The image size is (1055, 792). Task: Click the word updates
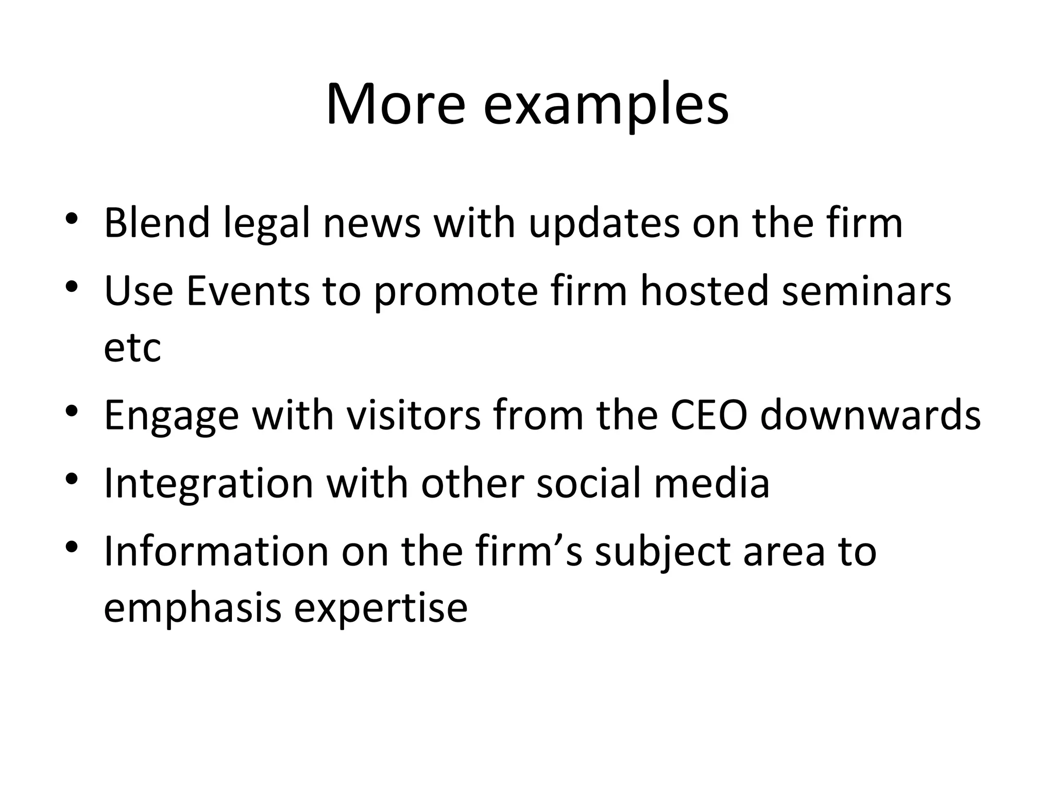tap(604, 225)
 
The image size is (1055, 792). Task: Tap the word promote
tap(455, 293)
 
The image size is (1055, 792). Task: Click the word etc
tap(132, 348)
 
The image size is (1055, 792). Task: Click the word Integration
tap(209, 485)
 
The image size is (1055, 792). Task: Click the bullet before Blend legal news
tap(72, 219)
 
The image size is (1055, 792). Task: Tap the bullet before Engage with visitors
tap(72, 410)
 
